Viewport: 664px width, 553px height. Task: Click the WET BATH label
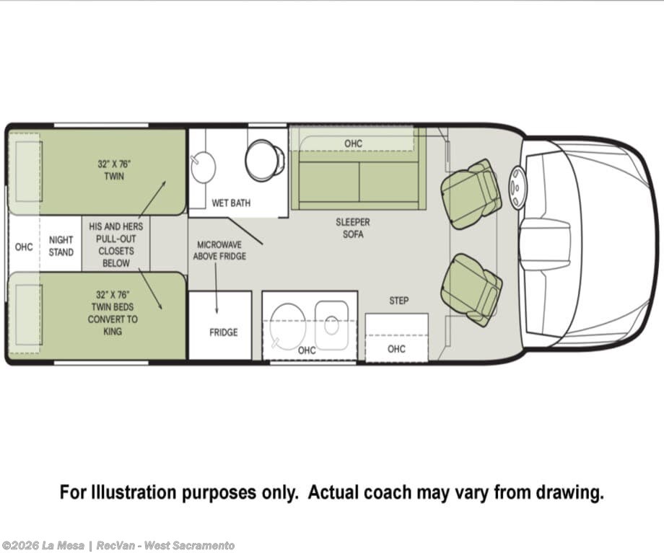pos(231,203)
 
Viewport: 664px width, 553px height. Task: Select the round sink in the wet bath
pos(204,167)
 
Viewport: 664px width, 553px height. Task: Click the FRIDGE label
pos(223,332)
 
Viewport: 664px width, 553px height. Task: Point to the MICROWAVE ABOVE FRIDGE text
pos(219,250)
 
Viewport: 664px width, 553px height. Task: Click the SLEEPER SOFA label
pos(353,228)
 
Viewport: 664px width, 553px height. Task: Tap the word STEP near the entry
pos(399,301)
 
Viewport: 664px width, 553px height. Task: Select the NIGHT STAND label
pos(61,247)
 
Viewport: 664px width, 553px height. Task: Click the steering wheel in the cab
pos(517,187)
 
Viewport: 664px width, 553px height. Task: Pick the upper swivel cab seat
pos(471,194)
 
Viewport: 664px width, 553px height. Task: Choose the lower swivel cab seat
pos(471,290)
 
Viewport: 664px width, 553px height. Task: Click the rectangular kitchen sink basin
pos(331,325)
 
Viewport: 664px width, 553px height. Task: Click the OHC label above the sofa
pos(353,144)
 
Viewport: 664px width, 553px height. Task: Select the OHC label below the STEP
pos(396,349)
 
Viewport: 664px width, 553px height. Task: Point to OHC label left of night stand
pos(24,247)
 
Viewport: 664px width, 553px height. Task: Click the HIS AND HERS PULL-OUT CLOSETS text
pos(116,245)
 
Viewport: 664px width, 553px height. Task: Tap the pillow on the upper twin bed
pos(29,172)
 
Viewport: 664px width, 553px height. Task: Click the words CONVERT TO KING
pos(113,325)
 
